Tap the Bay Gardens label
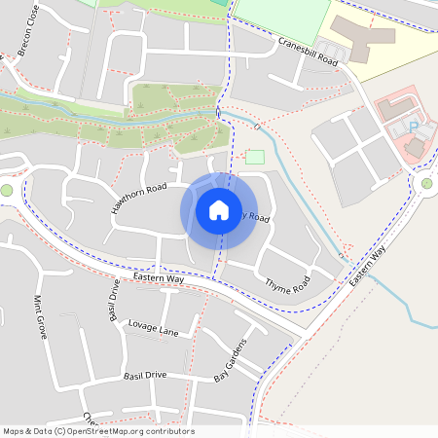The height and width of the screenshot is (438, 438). click(231, 360)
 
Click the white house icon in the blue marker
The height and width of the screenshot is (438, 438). click(219, 209)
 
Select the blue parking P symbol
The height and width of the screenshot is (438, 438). click(412, 127)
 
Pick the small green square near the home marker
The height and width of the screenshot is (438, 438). click(255, 157)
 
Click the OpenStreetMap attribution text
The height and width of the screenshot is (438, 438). click(98, 431)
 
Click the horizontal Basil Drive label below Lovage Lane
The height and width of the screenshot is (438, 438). click(145, 376)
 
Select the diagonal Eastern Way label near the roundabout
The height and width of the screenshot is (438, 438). click(368, 266)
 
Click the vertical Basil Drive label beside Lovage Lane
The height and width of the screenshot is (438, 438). click(113, 300)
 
